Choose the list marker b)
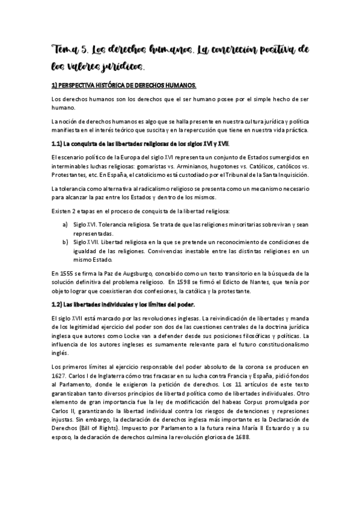point(64,241)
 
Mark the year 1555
point(67,274)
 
